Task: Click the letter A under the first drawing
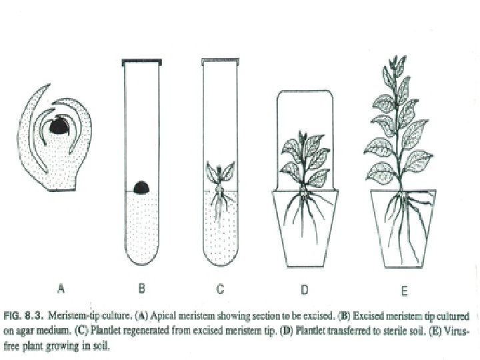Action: (61, 289)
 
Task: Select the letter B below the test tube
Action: (141, 289)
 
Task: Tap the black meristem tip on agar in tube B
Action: (141, 187)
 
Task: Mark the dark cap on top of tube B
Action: (141, 61)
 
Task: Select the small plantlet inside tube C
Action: (219, 177)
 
